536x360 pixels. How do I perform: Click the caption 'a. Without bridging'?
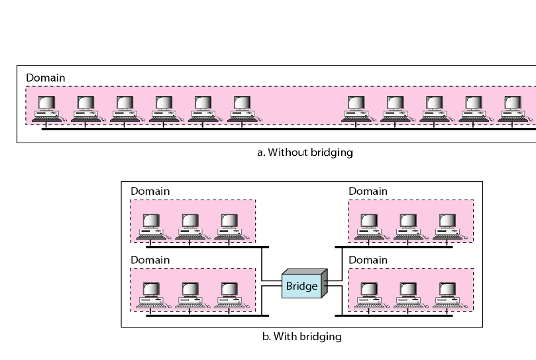305,152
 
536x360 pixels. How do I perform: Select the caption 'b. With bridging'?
302,336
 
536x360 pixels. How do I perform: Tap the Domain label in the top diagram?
46,78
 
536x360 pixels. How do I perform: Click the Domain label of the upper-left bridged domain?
150,191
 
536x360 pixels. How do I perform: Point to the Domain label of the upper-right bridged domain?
368,191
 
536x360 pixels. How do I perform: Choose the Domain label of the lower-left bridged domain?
150,259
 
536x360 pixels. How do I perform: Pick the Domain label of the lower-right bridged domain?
368,259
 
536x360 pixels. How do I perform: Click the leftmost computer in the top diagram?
46,109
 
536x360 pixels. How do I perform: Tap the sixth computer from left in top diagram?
242,109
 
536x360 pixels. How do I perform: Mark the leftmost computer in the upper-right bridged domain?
369,226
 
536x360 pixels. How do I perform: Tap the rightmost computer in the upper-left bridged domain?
229,226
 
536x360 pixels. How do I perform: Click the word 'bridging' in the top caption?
331,152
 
